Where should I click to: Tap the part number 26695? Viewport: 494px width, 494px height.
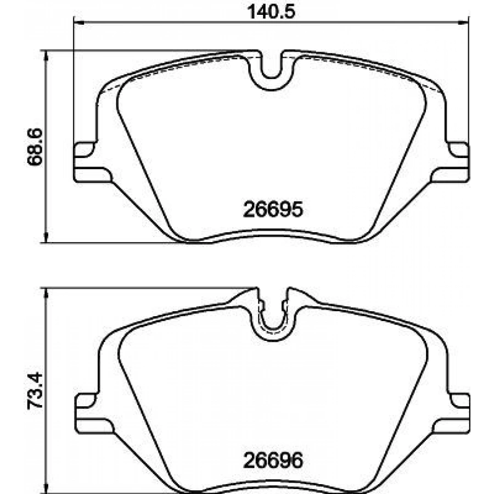point(272,209)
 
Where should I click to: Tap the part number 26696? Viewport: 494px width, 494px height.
point(272,460)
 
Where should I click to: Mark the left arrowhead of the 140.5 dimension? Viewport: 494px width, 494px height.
point(77,23)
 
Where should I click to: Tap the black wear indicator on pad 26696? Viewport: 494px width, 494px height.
point(471,409)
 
